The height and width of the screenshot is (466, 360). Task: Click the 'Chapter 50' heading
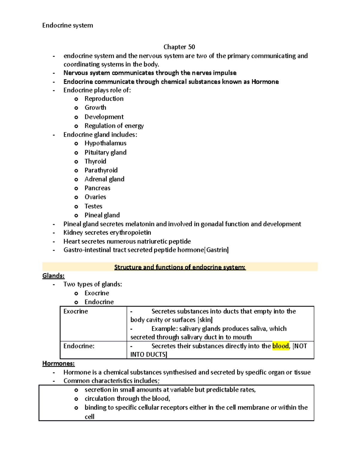179,47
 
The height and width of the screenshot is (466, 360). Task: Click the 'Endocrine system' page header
67,26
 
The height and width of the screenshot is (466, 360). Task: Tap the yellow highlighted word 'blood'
280,346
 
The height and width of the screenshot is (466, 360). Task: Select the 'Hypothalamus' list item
105,143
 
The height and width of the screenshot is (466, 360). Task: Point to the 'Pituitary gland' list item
105,152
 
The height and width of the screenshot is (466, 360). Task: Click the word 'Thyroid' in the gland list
95,161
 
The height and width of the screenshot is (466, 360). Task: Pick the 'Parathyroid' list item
101,170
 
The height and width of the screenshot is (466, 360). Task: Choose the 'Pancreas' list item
97,188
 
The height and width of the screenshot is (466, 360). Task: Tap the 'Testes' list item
93,206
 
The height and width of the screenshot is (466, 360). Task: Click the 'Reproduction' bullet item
104,99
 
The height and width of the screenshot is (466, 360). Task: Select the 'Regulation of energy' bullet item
114,126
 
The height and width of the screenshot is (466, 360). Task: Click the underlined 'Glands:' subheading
53,276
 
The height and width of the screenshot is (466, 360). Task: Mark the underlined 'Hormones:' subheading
58,364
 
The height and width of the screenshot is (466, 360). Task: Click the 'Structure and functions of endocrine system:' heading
180,267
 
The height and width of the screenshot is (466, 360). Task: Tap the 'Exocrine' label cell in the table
76,311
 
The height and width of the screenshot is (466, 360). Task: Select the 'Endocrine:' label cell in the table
79,346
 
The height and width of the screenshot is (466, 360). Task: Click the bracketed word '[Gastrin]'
216,250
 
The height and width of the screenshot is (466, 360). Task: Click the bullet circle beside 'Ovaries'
76,197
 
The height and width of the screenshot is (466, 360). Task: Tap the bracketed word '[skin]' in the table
205,320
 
